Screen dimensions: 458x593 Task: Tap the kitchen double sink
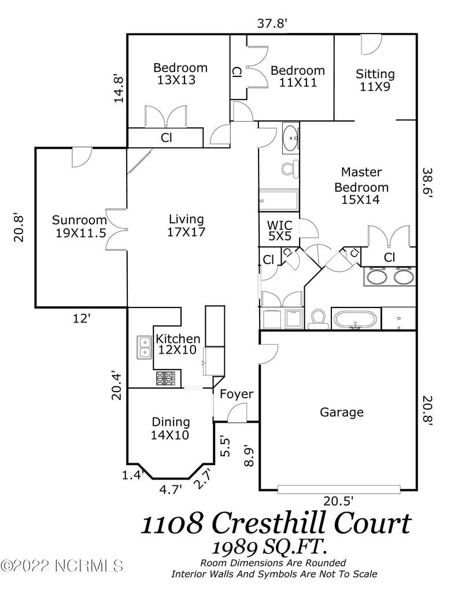tap(143, 347)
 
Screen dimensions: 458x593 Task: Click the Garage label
tap(342, 412)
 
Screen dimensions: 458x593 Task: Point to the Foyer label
tap(237, 394)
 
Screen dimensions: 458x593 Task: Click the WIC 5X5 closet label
tap(279, 230)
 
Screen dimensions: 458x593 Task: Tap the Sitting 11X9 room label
tap(375, 79)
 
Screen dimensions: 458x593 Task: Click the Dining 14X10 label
tap(171, 429)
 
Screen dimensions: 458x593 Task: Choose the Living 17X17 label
tap(186, 225)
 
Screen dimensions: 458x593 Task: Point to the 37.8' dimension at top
tap(272, 23)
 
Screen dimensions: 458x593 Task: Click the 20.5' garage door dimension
tap(338, 500)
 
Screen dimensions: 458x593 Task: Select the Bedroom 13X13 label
tap(180, 74)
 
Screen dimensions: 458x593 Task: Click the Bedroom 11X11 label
tap(298, 76)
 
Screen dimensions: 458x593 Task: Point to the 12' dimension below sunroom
tap(82, 317)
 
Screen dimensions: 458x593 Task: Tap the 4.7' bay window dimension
tap(171, 489)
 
